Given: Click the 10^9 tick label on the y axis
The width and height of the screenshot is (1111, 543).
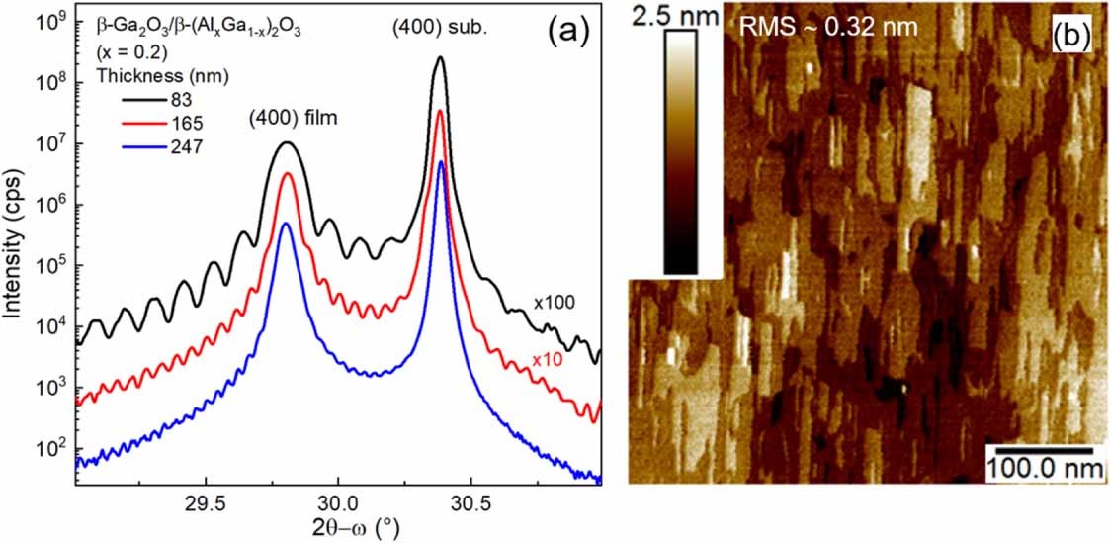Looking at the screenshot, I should coord(49,20).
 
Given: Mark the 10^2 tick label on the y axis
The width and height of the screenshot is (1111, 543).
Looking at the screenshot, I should coord(49,449).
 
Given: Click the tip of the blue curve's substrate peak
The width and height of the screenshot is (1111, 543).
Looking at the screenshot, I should coord(441,161).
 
